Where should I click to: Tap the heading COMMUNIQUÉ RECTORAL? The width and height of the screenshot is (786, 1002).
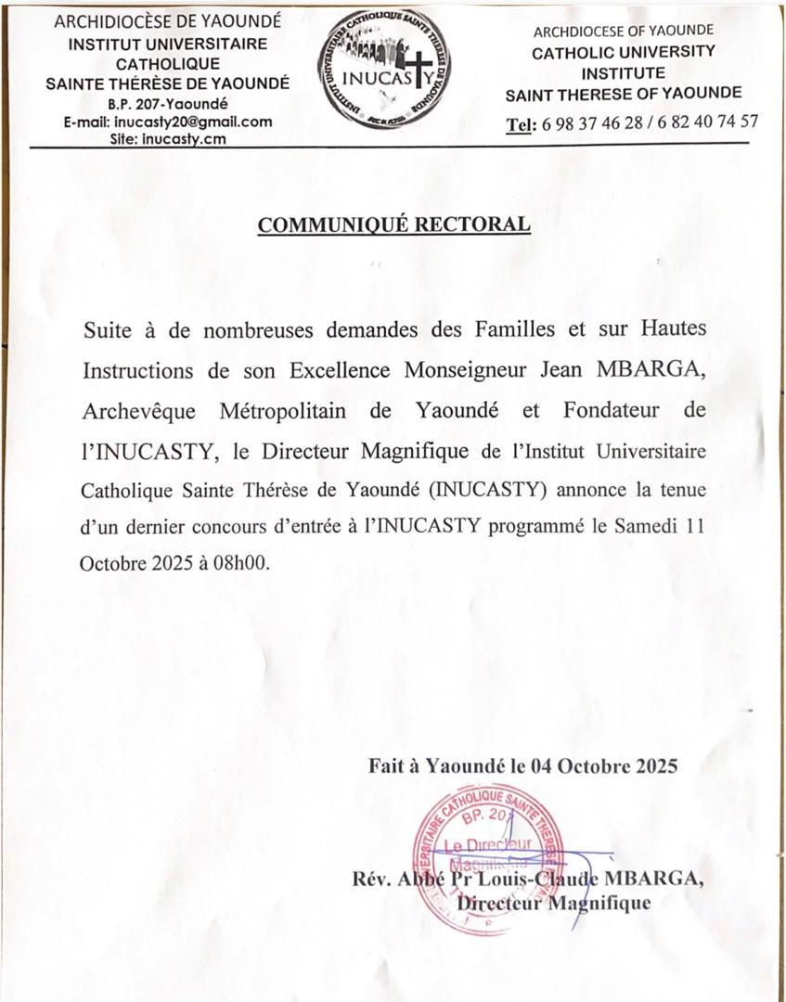394,225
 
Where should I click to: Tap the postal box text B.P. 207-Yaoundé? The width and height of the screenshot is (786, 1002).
168,104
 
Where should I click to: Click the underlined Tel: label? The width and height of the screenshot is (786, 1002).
521,122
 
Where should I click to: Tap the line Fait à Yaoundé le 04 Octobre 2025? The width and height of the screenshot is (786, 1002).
523,766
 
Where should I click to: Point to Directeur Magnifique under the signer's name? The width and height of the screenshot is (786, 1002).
555,902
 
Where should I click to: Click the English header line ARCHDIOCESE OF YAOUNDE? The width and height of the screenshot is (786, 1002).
623,31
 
